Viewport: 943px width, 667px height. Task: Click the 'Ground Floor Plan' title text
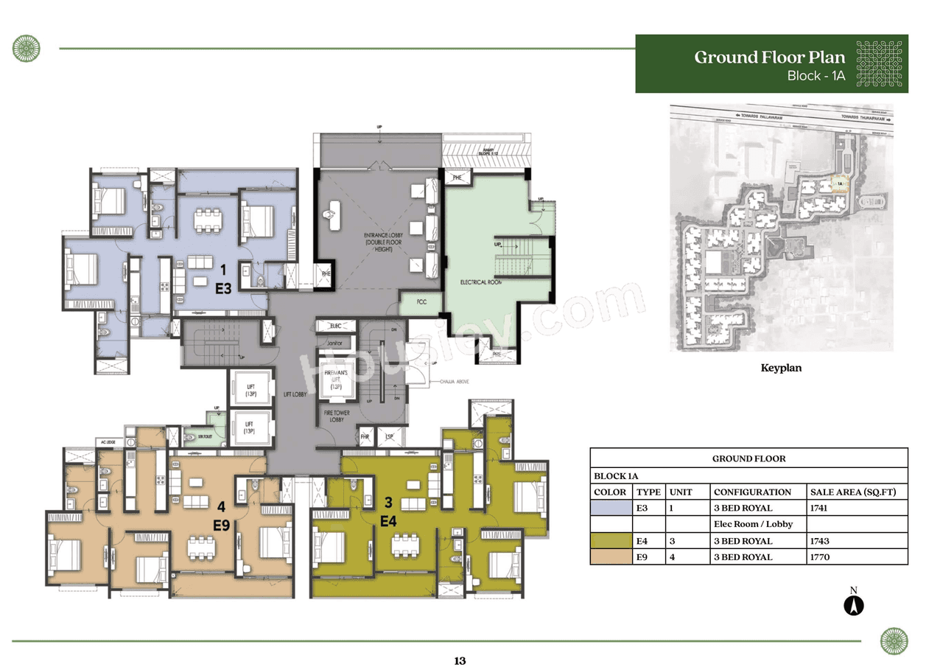pos(769,57)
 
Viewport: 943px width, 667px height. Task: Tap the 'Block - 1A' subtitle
pos(816,76)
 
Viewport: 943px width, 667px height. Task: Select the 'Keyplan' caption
pos(781,368)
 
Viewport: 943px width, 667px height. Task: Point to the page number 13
pos(460,660)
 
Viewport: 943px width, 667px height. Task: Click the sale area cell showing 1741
pos(820,509)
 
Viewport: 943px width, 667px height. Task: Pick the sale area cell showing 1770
pos(820,557)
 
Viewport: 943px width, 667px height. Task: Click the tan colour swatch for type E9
pos(611,557)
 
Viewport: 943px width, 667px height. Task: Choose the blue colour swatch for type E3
pos(611,509)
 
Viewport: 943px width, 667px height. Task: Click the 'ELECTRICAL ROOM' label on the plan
pos(481,282)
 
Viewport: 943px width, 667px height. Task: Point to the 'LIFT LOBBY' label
pos(295,395)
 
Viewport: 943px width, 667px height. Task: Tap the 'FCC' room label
pos(421,301)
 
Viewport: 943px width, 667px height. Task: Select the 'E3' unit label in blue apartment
pos(223,290)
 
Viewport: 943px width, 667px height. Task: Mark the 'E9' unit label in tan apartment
pos(222,525)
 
